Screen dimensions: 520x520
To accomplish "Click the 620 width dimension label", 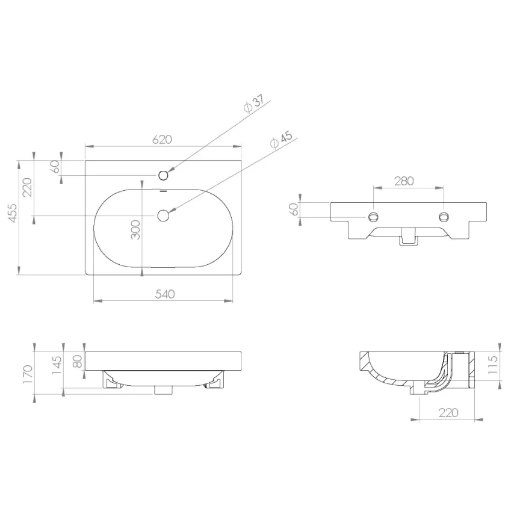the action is [162, 139].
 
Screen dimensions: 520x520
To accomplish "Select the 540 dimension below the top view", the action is [165, 294].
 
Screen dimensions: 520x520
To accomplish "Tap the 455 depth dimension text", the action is [12, 213].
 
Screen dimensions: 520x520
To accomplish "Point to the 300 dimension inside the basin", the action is [135, 229].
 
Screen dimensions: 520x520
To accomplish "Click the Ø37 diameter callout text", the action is [254, 103].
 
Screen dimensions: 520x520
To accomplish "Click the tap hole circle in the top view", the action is [164, 175].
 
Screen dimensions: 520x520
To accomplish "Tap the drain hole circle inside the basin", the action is [163, 215].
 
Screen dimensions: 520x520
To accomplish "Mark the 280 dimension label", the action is [404, 181].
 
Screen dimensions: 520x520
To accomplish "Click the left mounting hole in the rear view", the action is [374, 217].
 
